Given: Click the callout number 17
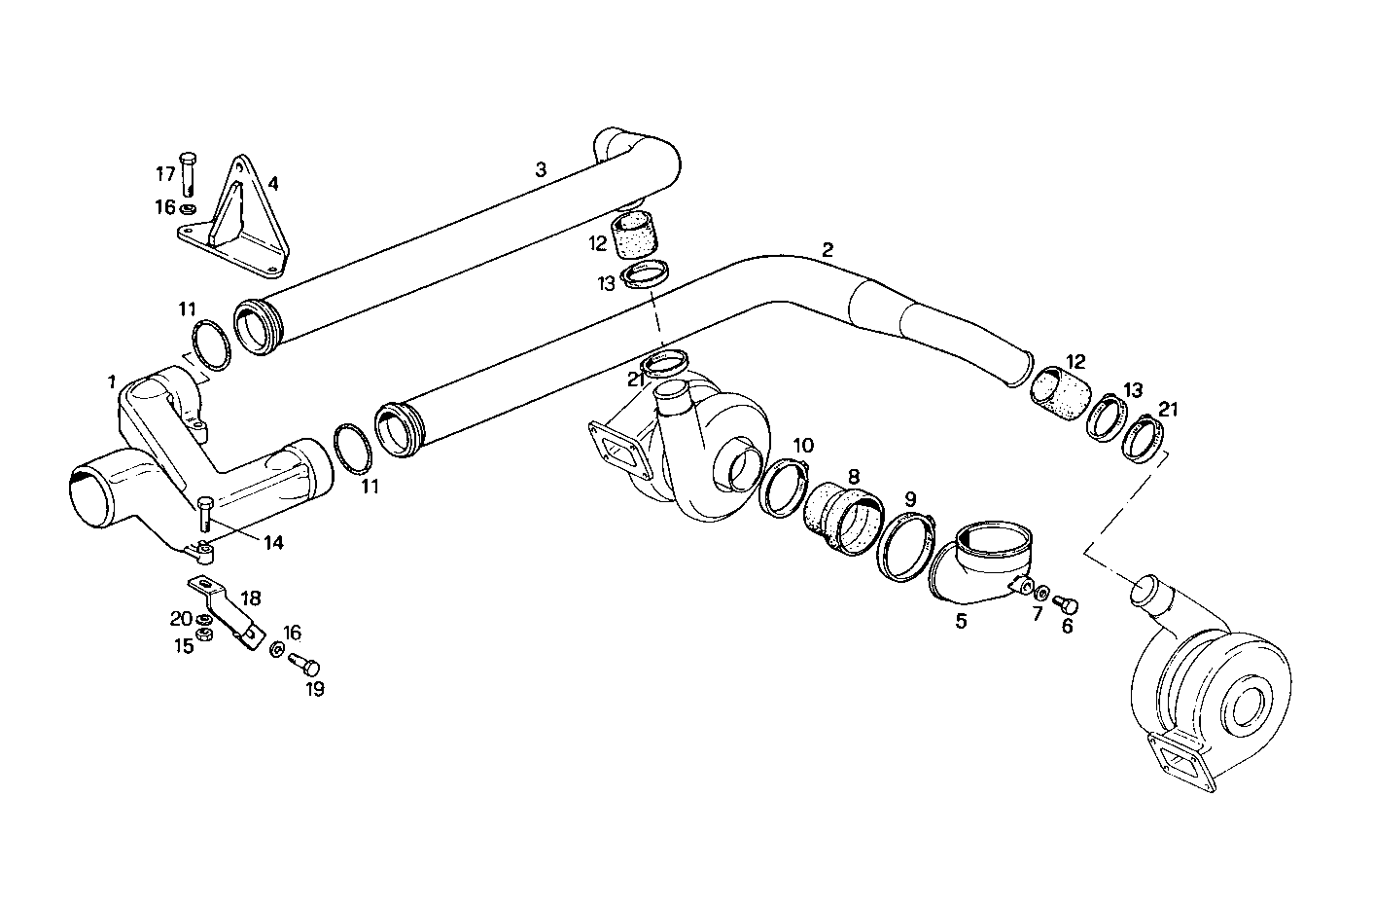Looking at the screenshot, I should [x=165, y=174].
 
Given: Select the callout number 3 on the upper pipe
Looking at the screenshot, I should [x=541, y=169].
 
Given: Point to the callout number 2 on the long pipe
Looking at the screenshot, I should [x=828, y=249].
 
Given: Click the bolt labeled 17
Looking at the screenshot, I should [x=189, y=173].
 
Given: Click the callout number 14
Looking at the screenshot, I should [x=273, y=542].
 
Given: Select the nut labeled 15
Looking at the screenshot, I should [x=205, y=635].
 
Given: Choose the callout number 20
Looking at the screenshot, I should [x=181, y=619].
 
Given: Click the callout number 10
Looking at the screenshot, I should [x=802, y=445].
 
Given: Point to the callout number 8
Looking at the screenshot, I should [x=853, y=476].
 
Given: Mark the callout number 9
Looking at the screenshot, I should [x=910, y=498].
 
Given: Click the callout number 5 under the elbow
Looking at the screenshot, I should [x=961, y=620].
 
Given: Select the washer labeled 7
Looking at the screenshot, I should [x=1042, y=593].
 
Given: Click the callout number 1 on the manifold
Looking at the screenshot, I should [x=112, y=380].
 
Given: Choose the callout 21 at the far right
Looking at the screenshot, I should [x=1168, y=409].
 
